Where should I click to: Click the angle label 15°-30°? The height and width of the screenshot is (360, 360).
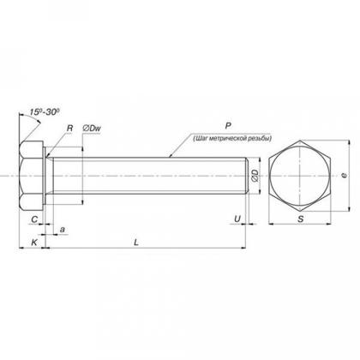tap(45, 112)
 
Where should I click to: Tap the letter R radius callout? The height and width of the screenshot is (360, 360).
tap(69, 129)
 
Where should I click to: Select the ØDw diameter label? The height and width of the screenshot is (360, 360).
tap(92, 129)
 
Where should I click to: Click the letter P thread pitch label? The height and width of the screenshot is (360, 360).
tap(228, 126)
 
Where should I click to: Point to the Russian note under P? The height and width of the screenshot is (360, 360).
tap(232, 139)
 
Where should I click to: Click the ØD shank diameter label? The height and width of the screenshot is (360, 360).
tap(255, 176)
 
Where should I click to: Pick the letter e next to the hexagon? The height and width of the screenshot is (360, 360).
tap(345, 176)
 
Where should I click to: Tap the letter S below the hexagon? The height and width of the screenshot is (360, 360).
tap(300, 219)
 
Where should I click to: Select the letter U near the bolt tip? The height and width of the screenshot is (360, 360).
tap(237, 219)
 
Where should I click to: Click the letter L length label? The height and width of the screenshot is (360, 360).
tap(136, 243)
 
